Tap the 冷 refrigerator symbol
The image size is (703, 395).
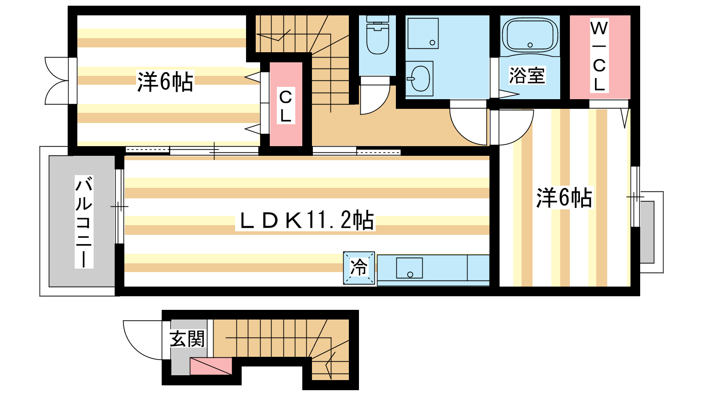[359, 268]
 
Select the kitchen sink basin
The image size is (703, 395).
[409, 268]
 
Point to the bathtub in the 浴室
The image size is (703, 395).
[530, 35]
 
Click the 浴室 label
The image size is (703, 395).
[527, 75]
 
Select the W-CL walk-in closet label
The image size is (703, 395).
[599, 55]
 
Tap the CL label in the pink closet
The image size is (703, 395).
[286, 106]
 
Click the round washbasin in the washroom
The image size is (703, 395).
[420, 79]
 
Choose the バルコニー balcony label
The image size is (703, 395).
[84, 222]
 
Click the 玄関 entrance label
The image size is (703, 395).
[187, 338]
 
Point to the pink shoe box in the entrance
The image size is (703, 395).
[211, 366]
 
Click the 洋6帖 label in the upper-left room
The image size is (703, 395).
[165, 82]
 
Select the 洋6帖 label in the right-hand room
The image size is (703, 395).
[564, 197]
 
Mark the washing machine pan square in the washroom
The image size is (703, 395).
[423, 33]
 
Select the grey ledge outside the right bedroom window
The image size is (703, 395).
[647, 232]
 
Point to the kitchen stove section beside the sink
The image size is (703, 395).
[478, 268]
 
